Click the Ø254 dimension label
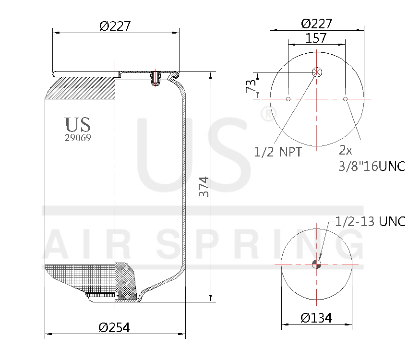[x=114, y=327]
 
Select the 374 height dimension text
[x=204, y=186]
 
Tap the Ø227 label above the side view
[x=115, y=26]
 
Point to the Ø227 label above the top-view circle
[x=316, y=24]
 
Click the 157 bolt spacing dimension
[x=316, y=38]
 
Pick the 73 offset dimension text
[x=251, y=87]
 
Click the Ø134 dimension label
[x=316, y=318]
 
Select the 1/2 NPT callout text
[x=278, y=152]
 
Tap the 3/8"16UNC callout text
[x=372, y=167]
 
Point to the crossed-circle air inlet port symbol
[x=317, y=72]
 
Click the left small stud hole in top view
[x=288, y=99]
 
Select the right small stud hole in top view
[x=345, y=99]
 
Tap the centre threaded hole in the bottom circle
[x=316, y=264]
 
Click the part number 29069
[x=78, y=137]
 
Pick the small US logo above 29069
[x=78, y=124]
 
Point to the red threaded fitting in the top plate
[x=155, y=78]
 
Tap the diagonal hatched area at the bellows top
[x=82, y=89]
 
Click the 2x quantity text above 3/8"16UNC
[x=345, y=151]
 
